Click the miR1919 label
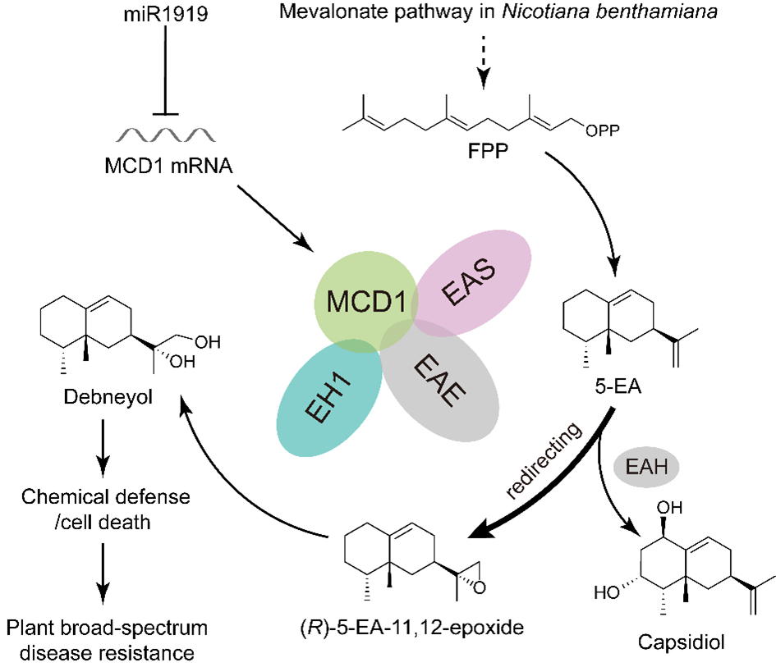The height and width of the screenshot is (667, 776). pyautogui.click(x=166, y=13)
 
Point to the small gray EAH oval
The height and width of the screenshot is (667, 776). pyautogui.click(x=646, y=467)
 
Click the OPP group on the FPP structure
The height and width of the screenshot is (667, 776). pyautogui.click(x=602, y=130)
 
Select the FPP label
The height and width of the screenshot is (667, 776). pyautogui.click(x=488, y=151)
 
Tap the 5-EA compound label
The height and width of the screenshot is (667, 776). pyautogui.click(x=618, y=386)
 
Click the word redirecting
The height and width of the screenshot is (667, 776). pyautogui.click(x=544, y=460)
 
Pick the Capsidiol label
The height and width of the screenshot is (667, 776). pyautogui.click(x=681, y=642)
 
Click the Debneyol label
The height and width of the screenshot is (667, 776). pyautogui.click(x=108, y=397)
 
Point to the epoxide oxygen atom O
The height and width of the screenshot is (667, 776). pyautogui.click(x=479, y=587)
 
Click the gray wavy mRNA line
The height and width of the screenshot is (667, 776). pyautogui.click(x=166, y=135)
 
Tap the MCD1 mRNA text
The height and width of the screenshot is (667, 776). pyautogui.click(x=168, y=166)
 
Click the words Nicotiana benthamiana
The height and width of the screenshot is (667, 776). pyautogui.click(x=609, y=11)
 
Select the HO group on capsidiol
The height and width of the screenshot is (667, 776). pyautogui.click(x=606, y=592)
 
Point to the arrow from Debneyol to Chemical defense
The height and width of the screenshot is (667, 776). pyautogui.click(x=103, y=448)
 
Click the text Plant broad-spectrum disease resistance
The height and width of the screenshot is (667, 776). pyautogui.click(x=107, y=640)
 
